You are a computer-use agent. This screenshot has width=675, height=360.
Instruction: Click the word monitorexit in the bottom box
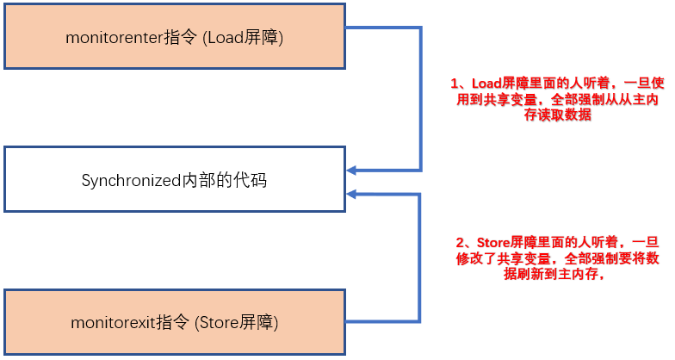(109, 323)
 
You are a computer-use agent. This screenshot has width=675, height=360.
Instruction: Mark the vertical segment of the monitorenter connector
(421, 99)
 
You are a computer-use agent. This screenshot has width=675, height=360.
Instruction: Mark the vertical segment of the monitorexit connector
(421, 258)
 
